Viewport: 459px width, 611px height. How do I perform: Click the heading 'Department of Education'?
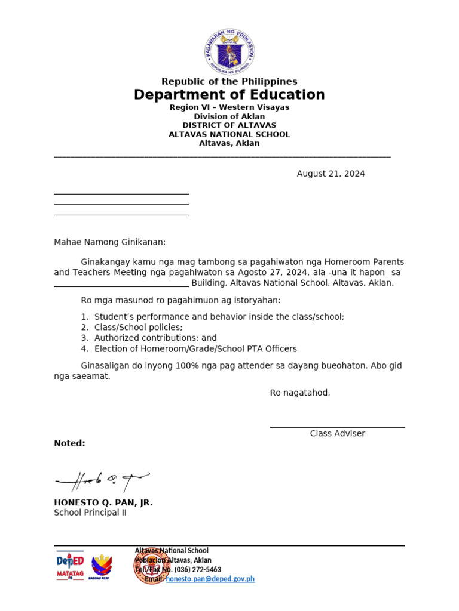point(229,95)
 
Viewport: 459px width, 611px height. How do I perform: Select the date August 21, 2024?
point(331,174)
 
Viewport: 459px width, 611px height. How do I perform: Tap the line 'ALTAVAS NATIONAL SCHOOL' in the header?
point(229,134)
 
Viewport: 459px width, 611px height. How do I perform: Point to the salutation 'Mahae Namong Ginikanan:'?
point(110,242)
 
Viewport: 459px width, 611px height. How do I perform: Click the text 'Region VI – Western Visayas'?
point(229,107)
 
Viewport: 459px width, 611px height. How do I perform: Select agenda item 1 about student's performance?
point(219,317)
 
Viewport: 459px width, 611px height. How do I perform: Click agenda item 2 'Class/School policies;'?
point(138,328)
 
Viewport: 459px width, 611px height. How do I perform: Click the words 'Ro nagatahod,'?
point(300,393)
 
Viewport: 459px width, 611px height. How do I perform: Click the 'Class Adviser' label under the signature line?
point(337,434)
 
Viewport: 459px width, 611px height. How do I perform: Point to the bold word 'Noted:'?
point(69,443)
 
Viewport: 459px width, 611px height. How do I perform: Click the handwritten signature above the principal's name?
point(102,480)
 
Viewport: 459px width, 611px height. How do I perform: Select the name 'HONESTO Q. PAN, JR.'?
point(103,502)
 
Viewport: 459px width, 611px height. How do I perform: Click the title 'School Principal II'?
point(90,513)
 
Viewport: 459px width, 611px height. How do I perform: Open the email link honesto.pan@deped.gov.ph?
point(210,579)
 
